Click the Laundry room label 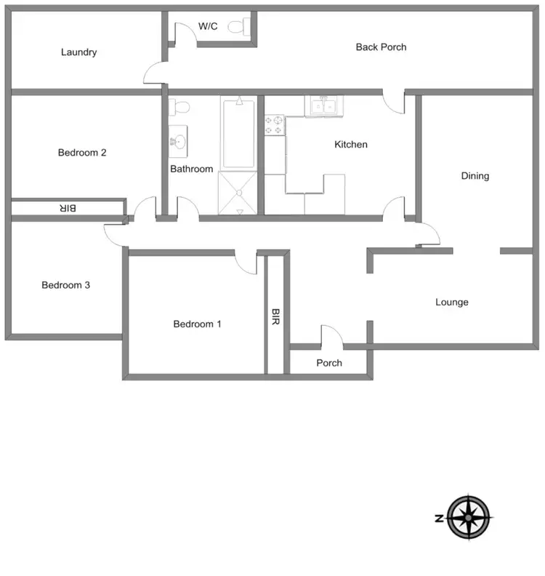click(x=79, y=52)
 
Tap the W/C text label click(x=208, y=26)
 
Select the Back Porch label click(x=381, y=47)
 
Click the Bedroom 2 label click(x=82, y=153)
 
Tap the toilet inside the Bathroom click(x=179, y=108)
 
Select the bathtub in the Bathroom click(x=238, y=134)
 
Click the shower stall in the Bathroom click(x=238, y=193)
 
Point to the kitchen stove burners click(x=274, y=125)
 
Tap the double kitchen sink click(x=323, y=106)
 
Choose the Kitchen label click(x=351, y=145)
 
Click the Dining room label click(x=475, y=176)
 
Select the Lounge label click(x=452, y=303)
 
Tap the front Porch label click(x=329, y=363)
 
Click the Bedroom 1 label click(x=197, y=324)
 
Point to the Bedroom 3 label click(x=65, y=285)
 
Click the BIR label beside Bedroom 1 click(x=275, y=317)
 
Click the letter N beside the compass click(x=439, y=519)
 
